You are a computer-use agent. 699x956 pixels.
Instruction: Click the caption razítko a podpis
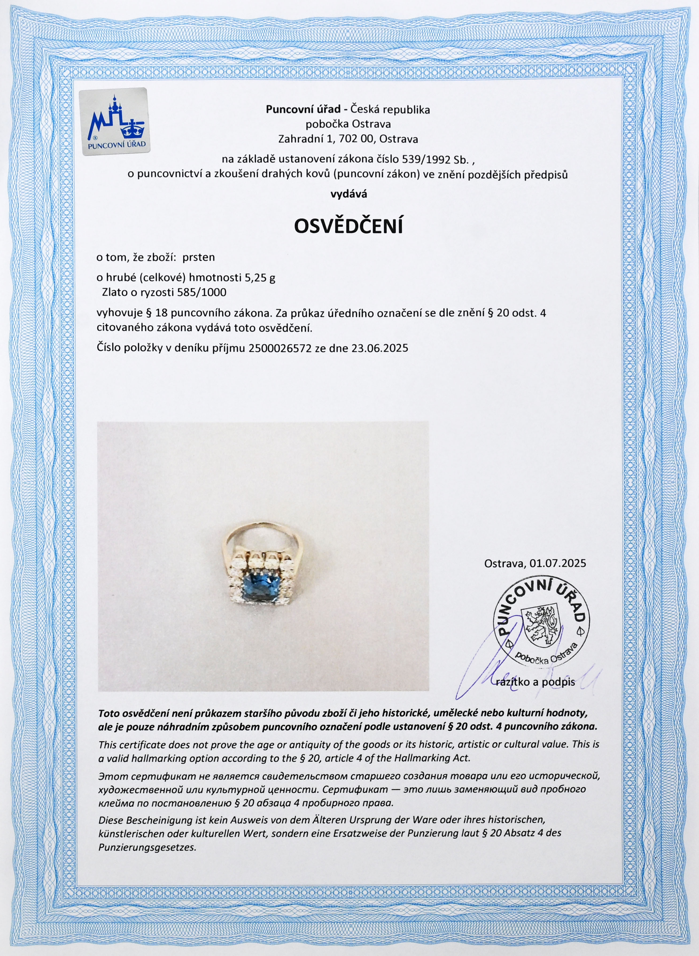point(535,682)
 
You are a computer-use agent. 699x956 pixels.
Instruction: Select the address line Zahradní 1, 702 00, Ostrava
point(348,139)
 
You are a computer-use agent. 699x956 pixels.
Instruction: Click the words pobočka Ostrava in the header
point(348,124)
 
